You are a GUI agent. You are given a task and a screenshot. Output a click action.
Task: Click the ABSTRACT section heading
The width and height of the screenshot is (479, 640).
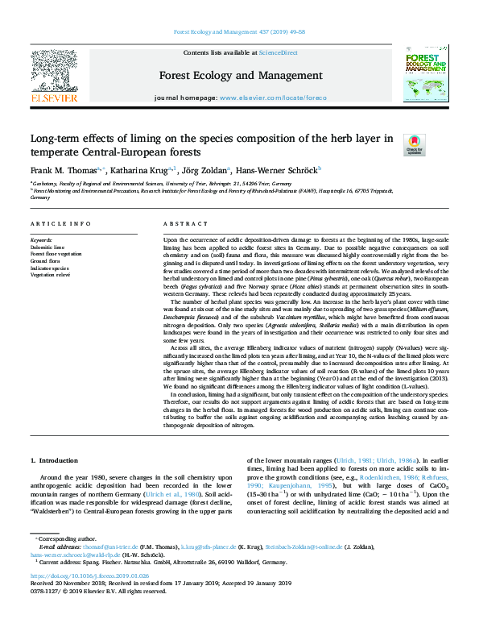click(180, 223)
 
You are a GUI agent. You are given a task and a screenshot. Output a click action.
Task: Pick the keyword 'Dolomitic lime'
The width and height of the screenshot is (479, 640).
click(49, 247)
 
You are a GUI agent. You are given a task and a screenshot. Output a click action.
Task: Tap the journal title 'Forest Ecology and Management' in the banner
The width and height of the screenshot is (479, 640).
click(239, 77)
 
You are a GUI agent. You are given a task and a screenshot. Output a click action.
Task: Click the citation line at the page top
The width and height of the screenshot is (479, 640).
click(239, 34)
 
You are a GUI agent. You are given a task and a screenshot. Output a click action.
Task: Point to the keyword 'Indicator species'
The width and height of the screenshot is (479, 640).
click(50, 268)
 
